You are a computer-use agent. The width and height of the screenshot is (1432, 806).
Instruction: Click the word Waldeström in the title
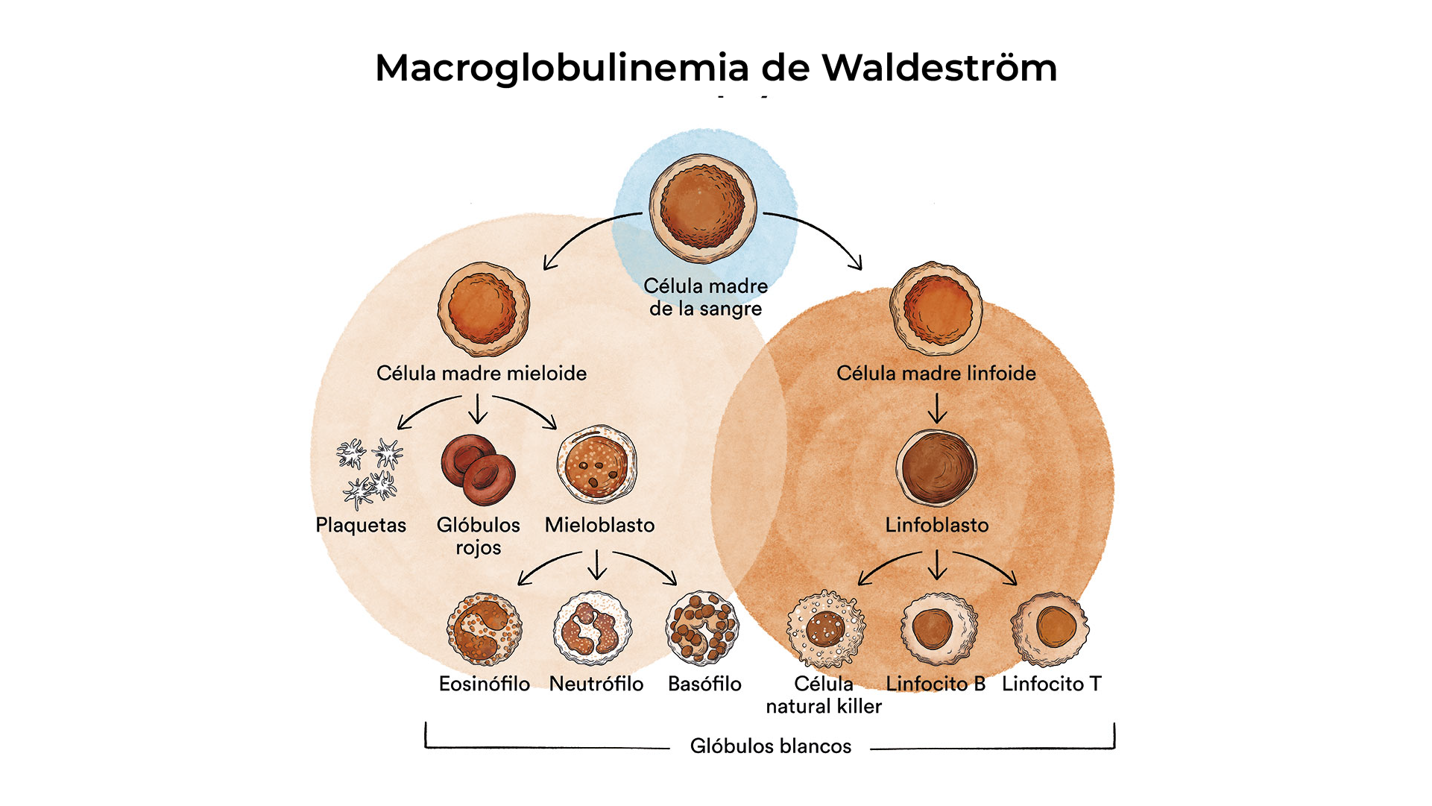coord(939,68)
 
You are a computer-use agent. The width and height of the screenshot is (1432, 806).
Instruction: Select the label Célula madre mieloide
coord(482,373)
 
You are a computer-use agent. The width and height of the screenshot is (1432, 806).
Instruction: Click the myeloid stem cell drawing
coord(484,309)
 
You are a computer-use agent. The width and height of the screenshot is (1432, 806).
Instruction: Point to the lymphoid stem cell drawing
coord(936,308)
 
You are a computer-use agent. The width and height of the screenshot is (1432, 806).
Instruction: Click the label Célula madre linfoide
coord(936,373)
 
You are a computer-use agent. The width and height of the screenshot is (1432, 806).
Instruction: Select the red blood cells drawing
coord(478,470)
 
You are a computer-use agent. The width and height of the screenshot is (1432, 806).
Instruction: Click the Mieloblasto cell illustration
coord(596,465)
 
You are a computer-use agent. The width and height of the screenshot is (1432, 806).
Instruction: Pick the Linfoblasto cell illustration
coord(936,467)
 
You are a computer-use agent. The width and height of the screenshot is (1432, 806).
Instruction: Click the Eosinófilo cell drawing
coord(485,629)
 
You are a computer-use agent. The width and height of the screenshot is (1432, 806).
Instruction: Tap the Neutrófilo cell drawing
coord(593,629)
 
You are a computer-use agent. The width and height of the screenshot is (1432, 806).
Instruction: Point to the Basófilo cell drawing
coord(702,629)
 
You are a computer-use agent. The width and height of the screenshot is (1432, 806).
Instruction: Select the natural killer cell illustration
coord(826,629)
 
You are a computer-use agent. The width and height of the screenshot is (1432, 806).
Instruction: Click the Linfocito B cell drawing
coord(938,629)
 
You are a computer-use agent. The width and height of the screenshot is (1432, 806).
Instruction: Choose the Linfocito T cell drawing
coord(1050,629)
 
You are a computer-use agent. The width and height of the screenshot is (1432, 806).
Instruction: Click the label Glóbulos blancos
coord(770,746)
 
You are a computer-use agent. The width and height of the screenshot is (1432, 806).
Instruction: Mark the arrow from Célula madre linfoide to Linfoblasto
coord(937,408)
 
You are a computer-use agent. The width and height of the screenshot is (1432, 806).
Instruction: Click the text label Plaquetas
coord(361,525)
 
